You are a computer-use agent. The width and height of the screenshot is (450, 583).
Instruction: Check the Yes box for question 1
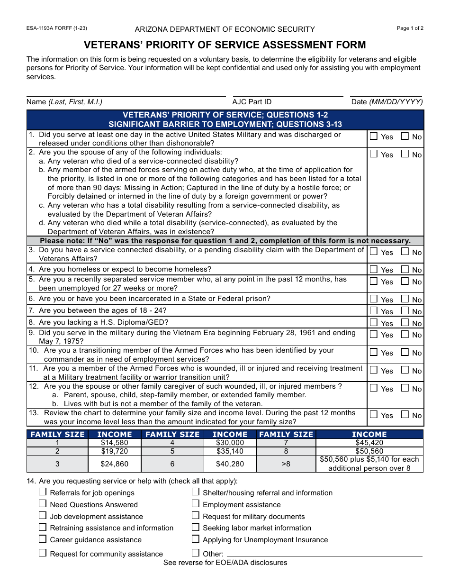coord(374,137)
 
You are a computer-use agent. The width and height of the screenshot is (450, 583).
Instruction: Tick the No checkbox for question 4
coord(405,269)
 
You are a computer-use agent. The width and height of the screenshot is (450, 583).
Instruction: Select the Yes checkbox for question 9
coord(374,334)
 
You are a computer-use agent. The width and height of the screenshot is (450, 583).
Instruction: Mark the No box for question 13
coord(405,415)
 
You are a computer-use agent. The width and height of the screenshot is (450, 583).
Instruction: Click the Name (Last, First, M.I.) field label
coord(64,102)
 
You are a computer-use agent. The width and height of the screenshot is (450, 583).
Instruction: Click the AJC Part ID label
coord(252,102)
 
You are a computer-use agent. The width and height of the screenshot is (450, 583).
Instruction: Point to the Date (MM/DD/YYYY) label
coord(387,102)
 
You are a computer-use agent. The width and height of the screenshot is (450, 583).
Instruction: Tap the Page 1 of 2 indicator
coord(410,28)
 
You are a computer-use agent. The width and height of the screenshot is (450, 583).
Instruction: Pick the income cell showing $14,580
coord(114,443)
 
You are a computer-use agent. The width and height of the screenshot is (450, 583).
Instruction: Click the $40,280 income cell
coord(230,464)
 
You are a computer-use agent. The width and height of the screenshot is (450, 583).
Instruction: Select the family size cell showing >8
coord(286,464)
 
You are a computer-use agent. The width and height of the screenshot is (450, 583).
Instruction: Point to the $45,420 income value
coord(369,443)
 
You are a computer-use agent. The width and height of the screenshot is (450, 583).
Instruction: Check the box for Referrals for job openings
coord(43,492)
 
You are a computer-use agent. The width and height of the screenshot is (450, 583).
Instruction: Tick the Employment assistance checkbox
coord(196,504)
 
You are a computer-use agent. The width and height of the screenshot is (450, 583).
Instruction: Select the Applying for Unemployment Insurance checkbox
coord(196,539)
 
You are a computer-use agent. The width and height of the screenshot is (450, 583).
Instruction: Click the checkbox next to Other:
coord(196,553)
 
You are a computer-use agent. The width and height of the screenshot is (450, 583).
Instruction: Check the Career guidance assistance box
coord(43,539)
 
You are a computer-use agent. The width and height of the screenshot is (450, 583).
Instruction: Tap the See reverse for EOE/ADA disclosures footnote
coord(225,563)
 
